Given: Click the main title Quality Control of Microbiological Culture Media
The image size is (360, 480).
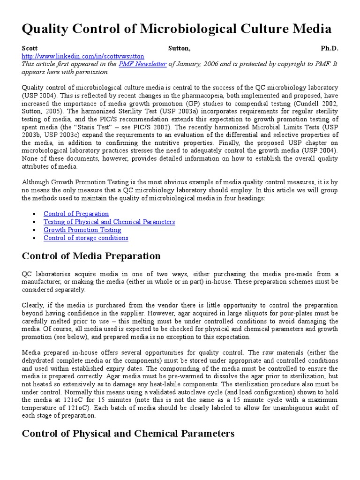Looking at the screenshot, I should (177, 29).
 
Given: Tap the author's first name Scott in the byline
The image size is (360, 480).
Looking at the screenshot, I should (29, 48).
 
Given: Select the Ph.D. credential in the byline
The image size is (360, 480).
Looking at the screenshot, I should (329, 48).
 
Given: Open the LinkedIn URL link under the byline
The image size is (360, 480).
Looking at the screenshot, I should (83, 56).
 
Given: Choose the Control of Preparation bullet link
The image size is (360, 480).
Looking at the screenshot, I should (76, 214).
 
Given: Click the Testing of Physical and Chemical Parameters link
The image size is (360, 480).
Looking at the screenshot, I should (109, 222).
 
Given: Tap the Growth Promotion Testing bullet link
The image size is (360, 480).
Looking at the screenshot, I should (82, 230).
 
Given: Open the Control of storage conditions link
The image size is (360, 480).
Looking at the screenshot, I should (86, 238).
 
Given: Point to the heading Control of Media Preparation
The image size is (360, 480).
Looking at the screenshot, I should (91, 256).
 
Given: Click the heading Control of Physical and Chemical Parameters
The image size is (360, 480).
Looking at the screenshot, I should (128, 434).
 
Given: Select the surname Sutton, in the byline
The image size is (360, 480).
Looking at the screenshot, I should (179, 48).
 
